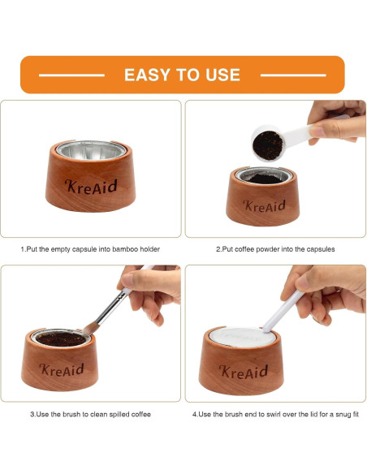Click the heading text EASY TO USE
pyautogui.click(x=182, y=75)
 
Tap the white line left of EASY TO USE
pyautogui.click(x=71, y=75)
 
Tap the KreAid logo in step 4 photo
pyautogui.click(x=244, y=371)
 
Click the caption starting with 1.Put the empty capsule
pyautogui.click(x=90, y=249)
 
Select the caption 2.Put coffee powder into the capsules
pyautogui.click(x=275, y=249)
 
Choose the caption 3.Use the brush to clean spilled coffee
pyautogui.click(x=91, y=414)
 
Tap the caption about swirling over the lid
pyautogui.click(x=275, y=414)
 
